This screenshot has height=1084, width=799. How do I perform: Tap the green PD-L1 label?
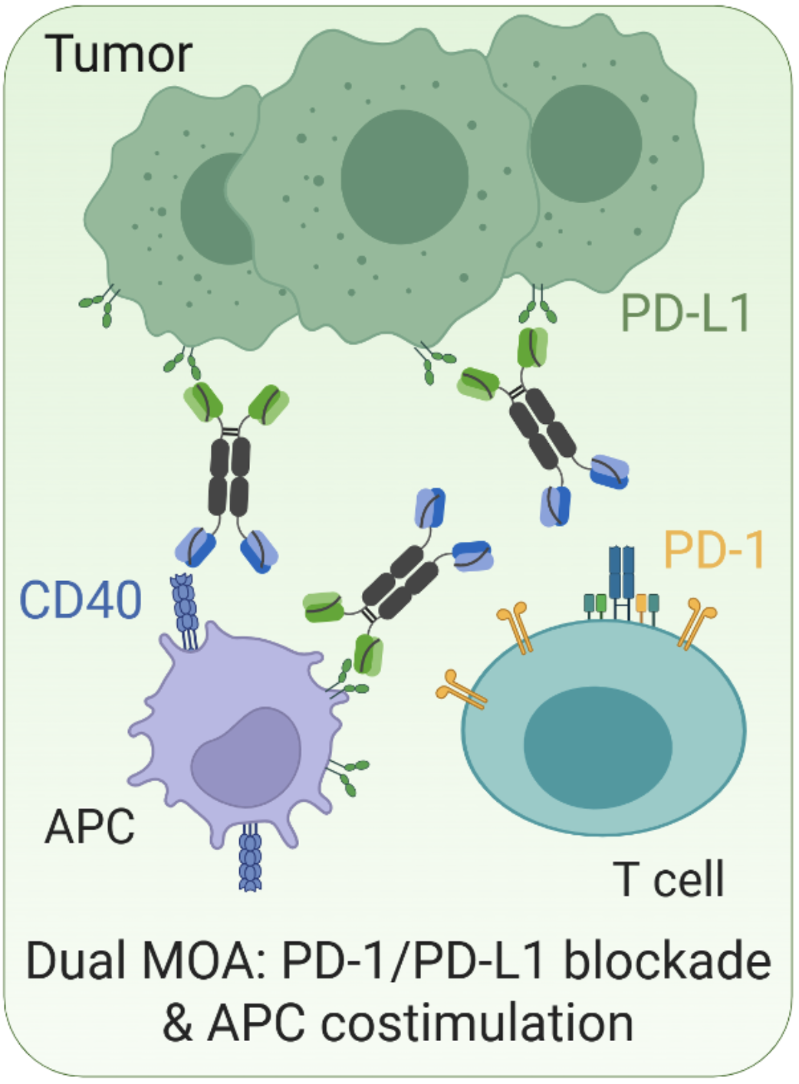point(685,314)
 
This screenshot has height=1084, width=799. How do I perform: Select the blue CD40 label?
point(81,599)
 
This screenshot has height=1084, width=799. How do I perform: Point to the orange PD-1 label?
point(714,550)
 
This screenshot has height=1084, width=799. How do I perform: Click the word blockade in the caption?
point(667,961)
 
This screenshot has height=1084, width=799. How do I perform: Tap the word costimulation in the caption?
point(477,1023)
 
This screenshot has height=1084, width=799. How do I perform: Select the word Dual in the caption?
point(74,961)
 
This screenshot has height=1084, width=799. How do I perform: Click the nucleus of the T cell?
point(597,747)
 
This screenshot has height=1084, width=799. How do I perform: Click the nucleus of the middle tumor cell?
point(404,176)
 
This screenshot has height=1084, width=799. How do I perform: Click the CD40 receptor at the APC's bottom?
point(251,859)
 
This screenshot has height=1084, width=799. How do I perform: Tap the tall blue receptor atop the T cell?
point(620,571)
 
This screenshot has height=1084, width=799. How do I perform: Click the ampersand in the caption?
point(178,1023)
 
